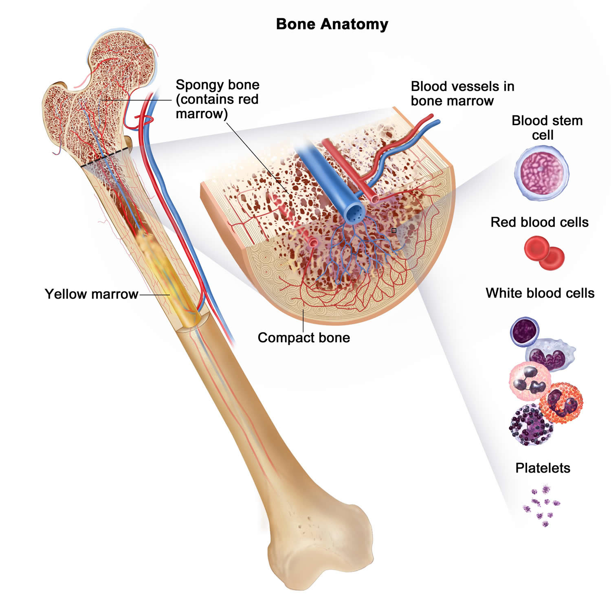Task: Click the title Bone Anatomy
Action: click(332, 24)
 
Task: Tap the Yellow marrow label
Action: click(91, 294)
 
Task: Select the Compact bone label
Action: click(304, 338)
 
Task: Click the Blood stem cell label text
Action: click(547, 128)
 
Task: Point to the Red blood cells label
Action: click(539, 222)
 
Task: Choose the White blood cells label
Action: click(540, 293)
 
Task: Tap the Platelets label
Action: click(543, 468)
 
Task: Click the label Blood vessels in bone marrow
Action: click(462, 94)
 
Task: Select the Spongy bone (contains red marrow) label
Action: click(217, 99)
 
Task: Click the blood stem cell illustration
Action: click(541, 173)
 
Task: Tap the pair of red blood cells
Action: click(544, 253)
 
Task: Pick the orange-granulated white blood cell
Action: click(561, 403)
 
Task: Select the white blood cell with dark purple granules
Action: click(531, 425)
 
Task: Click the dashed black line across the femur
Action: click(104, 158)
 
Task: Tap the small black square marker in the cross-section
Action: click(394, 231)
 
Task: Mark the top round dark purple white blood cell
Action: click(525, 331)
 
